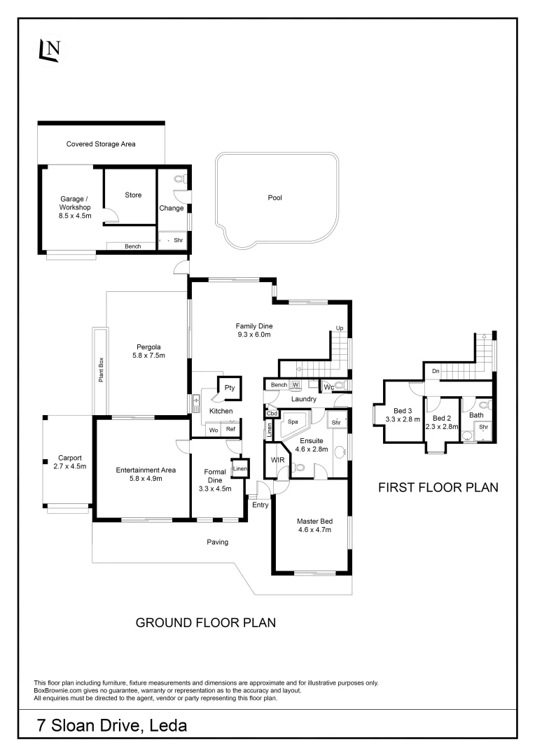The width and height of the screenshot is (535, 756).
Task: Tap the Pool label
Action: tap(275, 198)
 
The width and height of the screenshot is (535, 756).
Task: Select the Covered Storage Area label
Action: tap(101, 144)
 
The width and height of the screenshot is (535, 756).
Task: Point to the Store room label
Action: tap(133, 195)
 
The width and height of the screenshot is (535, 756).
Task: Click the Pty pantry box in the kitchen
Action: tap(229, 388)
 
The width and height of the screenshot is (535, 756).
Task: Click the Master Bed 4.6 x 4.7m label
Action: tap(313, 524)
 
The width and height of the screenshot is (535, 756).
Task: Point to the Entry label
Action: tap(260, 504)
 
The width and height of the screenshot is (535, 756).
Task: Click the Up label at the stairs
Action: tap(339, 328)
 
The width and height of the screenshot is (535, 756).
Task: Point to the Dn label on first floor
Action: tap(435, 371)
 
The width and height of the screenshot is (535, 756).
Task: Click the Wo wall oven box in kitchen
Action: tap(213, 430)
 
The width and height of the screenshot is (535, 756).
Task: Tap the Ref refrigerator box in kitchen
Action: tap(230, 430)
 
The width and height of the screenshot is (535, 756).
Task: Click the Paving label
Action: tap(217, 542)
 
